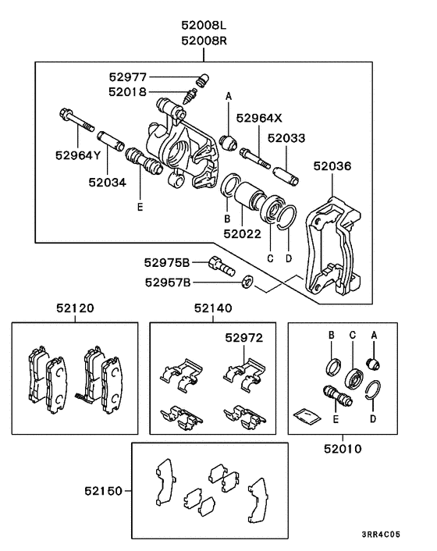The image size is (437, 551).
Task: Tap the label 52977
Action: tap(128, 76)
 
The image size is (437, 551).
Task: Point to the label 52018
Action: tap(128, 91)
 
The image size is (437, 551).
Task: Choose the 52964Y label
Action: tap(78, 155)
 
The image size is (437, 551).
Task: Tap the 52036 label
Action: tap(332, 166)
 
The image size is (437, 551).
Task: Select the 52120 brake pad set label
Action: tap(74, 308)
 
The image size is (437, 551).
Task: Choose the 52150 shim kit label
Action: tap(105, 491)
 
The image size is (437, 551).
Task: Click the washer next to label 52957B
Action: tap(247, 283)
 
